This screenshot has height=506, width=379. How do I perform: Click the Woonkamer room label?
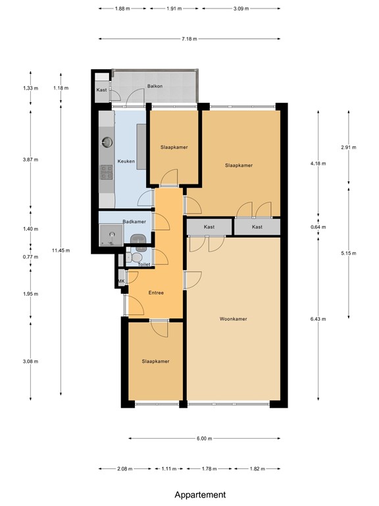[233, 319]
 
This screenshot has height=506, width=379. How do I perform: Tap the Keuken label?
[126, 161]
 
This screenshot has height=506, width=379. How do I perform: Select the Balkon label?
[155, 86]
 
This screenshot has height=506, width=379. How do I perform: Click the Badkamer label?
[134, 221]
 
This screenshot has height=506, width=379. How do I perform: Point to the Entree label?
[156, 293]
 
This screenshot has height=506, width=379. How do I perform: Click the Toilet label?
[144, 264]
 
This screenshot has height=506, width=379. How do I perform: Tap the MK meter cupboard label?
[121, 281]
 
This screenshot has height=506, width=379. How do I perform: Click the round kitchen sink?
[107, 142]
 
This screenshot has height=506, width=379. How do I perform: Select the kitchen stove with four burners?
[107, 172]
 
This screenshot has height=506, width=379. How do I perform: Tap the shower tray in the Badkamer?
[111, 235]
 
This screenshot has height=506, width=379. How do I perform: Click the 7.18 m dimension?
[189, 39]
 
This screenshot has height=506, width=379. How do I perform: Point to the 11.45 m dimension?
[61, 250]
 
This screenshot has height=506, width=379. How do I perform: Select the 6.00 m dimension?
[205, 439]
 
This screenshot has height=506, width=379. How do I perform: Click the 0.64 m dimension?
[318, 227]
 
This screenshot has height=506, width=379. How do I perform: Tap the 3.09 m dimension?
[241, 9]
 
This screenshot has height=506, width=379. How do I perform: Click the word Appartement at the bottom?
[200, 495]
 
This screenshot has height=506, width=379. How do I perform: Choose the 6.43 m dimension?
[318, 319]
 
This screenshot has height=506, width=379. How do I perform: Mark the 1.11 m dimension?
[169, 468]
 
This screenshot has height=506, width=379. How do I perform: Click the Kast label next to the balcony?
[101, 90]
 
